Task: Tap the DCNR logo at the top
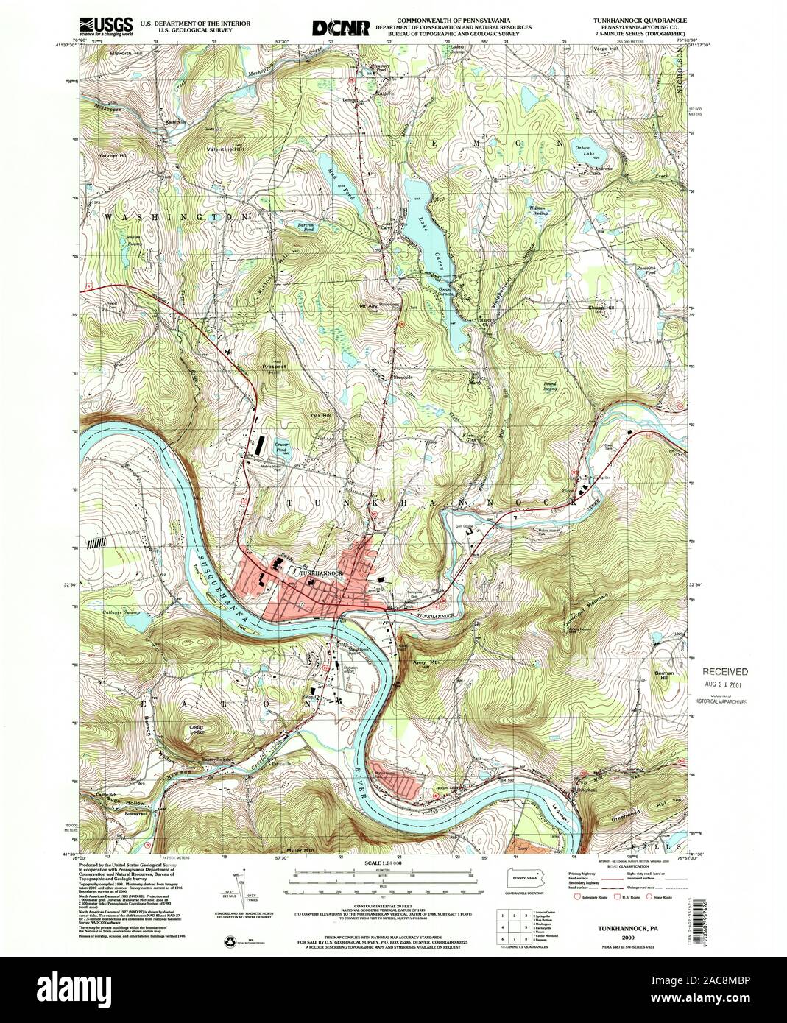click(341, 27)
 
